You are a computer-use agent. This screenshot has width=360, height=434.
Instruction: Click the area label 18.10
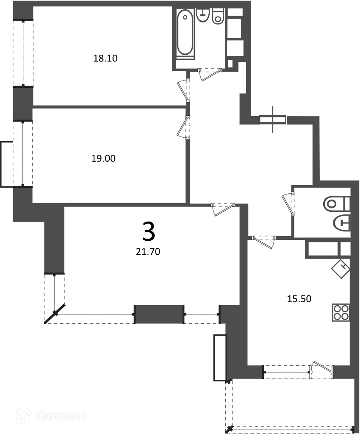point(105,58)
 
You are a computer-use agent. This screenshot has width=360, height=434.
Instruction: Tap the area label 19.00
point(103,159)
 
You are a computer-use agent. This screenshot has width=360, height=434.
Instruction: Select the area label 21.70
point(148,252)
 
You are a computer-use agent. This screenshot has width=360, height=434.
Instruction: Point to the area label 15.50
point(299,299)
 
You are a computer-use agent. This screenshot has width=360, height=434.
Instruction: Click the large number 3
point(149,232)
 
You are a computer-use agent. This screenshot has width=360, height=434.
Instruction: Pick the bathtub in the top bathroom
point(185,32)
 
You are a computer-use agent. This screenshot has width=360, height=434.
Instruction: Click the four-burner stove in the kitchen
point(341,312)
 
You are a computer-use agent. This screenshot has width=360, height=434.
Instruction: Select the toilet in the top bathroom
point(218,16)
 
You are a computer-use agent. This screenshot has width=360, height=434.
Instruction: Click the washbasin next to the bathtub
point(203,15)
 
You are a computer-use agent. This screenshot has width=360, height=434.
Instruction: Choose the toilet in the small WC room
point(336,204)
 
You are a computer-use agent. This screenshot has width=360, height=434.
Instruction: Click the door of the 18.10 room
point(183,91)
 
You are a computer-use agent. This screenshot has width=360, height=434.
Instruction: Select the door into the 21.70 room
point(222,209)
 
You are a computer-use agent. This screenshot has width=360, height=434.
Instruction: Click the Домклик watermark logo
point(51,416)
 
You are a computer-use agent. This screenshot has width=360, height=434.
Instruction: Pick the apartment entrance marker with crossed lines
point(273,120)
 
